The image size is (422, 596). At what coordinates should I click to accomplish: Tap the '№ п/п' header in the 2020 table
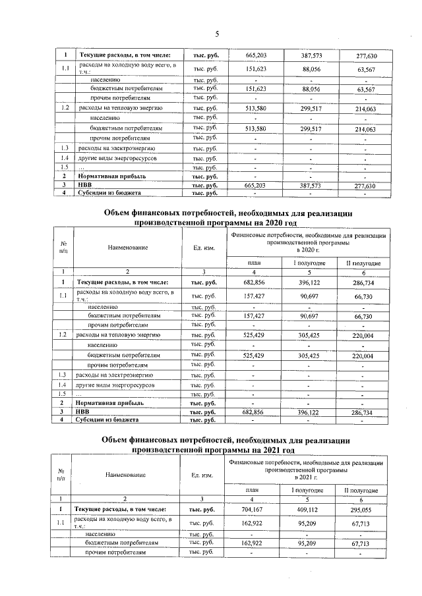coord(63,247)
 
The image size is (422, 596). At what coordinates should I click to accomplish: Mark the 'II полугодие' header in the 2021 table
coord(361,491)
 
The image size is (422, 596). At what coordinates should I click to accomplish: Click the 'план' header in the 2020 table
coord(253,263)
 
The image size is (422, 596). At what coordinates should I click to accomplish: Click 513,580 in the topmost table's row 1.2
coord(255,107)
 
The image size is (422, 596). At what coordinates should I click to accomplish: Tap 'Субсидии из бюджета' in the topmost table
coord(107,194)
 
